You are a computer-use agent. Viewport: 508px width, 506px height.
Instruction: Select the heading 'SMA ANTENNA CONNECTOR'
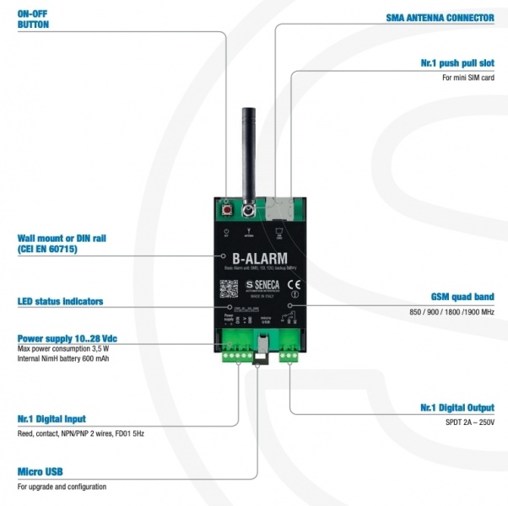[439, 17]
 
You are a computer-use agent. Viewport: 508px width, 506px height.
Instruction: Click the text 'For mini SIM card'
[468, 78]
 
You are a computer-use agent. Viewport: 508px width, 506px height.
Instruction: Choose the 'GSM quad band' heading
[462, 297]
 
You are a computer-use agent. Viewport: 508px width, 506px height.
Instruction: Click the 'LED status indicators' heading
[60, 301]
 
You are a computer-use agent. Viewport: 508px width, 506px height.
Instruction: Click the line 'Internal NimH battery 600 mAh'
[63, 358]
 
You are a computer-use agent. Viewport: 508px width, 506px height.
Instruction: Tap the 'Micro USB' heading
[40, 471]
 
